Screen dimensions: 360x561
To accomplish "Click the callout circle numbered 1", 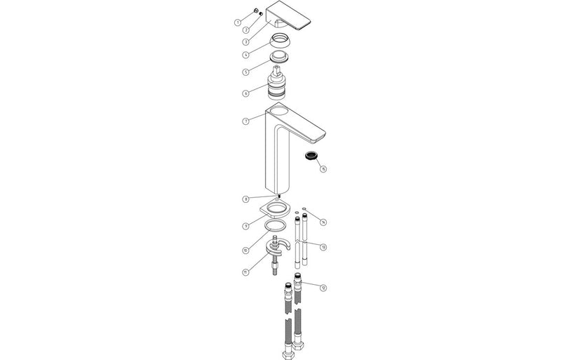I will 238,23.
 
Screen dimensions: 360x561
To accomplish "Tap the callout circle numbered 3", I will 246,41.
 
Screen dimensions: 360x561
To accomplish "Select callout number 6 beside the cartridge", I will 245,93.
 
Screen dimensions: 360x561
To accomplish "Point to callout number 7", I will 245,121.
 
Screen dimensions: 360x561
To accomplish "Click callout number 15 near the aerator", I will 323,169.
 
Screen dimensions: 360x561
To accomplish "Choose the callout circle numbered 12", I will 323,288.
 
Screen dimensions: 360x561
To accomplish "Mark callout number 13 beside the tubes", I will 323,247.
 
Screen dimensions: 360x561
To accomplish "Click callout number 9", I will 246,226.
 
